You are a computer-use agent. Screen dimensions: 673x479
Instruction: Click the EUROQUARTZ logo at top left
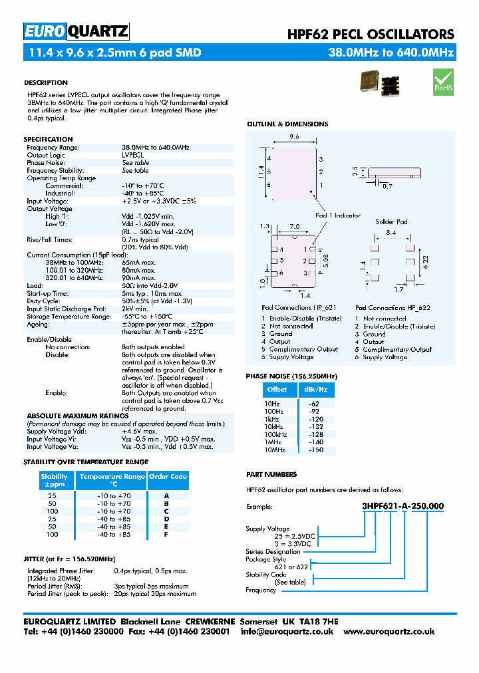point(76,31)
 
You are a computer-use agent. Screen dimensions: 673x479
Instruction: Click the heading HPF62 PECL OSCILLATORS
point(370,34)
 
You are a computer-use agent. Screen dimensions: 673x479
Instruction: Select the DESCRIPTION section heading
point(46,83)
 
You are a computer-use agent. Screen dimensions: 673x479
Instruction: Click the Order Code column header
point(168,477)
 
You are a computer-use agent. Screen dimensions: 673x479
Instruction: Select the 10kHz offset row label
point(274,427)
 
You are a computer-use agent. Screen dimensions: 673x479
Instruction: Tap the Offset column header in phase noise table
point(276,390)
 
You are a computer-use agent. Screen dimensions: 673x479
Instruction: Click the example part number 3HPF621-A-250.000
point(402,506)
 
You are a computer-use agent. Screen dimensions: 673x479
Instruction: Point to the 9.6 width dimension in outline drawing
point(293,137)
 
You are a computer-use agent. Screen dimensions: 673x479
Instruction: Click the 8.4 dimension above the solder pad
point(391,233)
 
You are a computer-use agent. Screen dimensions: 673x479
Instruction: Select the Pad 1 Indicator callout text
point(337,215)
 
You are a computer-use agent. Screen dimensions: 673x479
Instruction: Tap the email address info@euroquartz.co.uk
point(287,631)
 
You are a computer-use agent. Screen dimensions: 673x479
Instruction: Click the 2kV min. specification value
point(134,309)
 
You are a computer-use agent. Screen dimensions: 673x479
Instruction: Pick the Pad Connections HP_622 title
point(393,308)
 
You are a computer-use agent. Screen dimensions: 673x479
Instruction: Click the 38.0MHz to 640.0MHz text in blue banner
point(391,53)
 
